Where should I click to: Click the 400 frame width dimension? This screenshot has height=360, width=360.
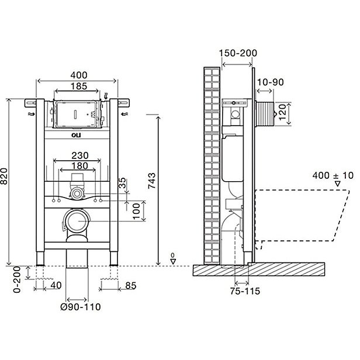(79, 75)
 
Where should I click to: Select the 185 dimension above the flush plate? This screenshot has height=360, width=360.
(79, 86)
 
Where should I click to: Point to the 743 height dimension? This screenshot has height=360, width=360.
(151, 181)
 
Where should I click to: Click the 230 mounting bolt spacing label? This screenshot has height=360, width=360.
(80, 155)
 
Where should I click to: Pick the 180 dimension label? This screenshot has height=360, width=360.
(79, 166)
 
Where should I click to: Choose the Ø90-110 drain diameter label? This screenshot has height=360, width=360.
(81, 307)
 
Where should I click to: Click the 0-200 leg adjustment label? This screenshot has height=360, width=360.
(17, 279)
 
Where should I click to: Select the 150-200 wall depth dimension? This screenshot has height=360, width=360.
(238, 53)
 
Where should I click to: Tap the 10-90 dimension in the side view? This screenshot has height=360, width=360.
(271, 82)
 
